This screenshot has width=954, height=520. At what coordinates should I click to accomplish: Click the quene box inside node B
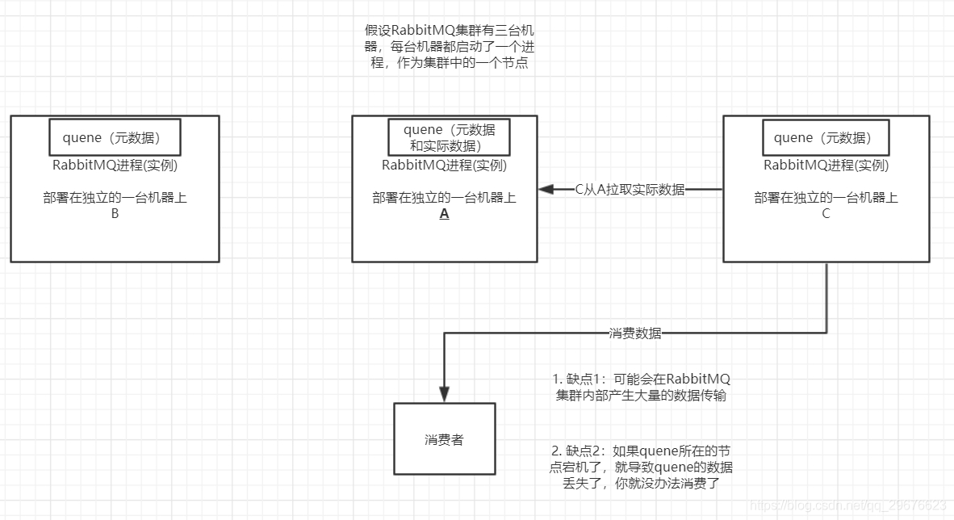click(x=115, y=137)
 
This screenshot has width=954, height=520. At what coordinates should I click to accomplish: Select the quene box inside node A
click(x=449, y=137)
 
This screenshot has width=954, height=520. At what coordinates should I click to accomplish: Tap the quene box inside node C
click(x=825, y=137)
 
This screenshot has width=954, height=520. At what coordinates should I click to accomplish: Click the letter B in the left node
click(x=115, y=214)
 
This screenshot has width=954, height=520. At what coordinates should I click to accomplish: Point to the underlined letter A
click(x=444, y=214)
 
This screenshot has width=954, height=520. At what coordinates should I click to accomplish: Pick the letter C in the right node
click(x=826, y=214)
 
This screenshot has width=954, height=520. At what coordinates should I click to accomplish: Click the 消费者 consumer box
click(x=444, y=439)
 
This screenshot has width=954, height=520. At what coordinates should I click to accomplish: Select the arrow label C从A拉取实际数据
click(x=630, y=190)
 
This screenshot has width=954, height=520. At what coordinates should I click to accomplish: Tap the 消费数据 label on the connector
click(x=634, y=333)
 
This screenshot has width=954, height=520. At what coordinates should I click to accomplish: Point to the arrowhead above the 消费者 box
click(x=444, y=393)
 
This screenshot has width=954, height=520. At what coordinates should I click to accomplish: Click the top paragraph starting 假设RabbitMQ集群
click(x=449, y=46)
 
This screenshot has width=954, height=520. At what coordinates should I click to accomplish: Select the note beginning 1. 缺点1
click(x=642, y=387)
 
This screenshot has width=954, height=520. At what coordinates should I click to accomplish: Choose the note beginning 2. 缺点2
click(x=642, y=467)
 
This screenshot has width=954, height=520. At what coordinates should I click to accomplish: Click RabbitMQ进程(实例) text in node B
click(x=115, y=166)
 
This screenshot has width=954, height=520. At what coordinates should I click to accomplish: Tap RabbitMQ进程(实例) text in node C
click(x=826, y=166)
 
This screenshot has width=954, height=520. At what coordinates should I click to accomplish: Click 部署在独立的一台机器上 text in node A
click(x=444, y=198)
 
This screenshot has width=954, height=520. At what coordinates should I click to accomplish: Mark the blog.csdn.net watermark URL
click(x=847, y=505)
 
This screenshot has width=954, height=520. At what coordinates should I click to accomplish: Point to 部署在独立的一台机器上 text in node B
click(x=115, y=198)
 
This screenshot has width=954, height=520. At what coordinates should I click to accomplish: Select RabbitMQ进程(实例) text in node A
click(x=444, y=166)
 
